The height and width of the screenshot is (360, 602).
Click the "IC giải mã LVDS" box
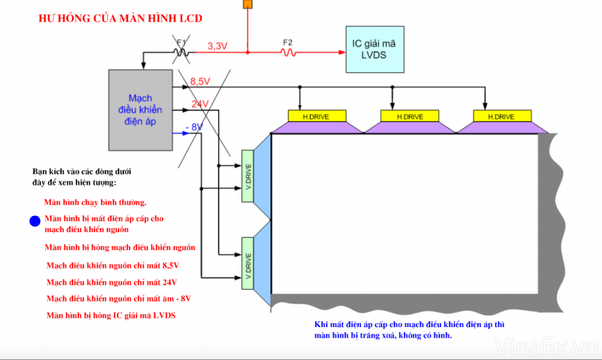(375, 50)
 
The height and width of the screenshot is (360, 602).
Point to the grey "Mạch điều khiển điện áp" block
(140, 110)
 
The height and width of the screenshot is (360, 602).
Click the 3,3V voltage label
(217, 46)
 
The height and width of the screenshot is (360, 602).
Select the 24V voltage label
(200, 104)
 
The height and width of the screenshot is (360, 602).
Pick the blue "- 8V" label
(194, 127)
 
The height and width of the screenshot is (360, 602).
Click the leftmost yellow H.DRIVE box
(316, 116)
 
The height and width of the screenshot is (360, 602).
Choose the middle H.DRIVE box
(410, 116)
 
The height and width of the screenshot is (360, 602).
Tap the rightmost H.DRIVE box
(502, 116)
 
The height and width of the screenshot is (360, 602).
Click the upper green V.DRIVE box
(248, 176)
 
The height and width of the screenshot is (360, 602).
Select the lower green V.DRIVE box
(248, 263)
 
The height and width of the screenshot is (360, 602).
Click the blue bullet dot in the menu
(35, 221)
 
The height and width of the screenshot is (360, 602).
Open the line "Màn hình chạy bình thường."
(95, 202)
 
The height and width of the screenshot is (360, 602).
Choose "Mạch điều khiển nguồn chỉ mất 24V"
(117, 282)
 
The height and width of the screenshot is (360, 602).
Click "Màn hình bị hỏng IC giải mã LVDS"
(111, 315)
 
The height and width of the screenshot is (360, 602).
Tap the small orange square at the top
(248, 4)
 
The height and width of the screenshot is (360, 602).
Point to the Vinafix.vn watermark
(547, 345)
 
